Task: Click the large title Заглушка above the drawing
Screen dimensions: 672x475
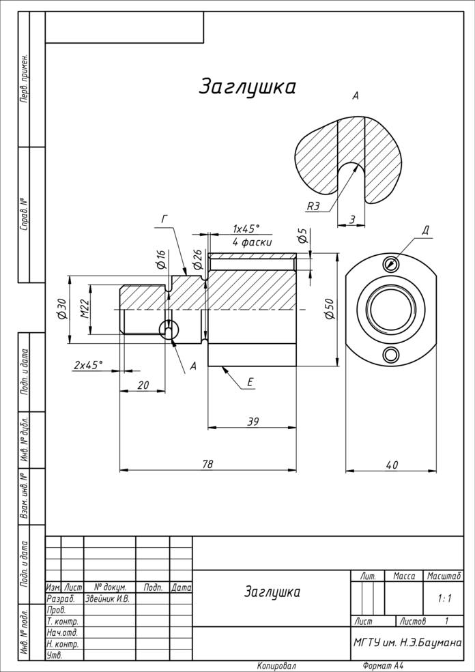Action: click(247, 87)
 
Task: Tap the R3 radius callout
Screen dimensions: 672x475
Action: click(313, 205)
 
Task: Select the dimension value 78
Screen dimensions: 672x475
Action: click(207, 464)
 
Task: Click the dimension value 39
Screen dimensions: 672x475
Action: click(253, 422)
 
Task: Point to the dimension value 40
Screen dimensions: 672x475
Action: click(391, 465)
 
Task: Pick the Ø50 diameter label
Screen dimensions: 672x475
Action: click(330, 310)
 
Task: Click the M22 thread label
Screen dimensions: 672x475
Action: click(85, 310)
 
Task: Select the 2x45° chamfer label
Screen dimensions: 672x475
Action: click(88, 365)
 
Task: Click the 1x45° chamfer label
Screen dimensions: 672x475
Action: click(246, 229)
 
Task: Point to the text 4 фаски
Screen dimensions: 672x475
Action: click(251, 242)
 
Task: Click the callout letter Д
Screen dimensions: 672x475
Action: click(425, 230)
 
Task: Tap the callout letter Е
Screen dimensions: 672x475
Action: click(250, 383)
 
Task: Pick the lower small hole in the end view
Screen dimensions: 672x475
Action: click(391, 355)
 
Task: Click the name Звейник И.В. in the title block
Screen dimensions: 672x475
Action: click(107, 598)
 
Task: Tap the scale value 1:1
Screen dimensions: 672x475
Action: click(444, 598)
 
